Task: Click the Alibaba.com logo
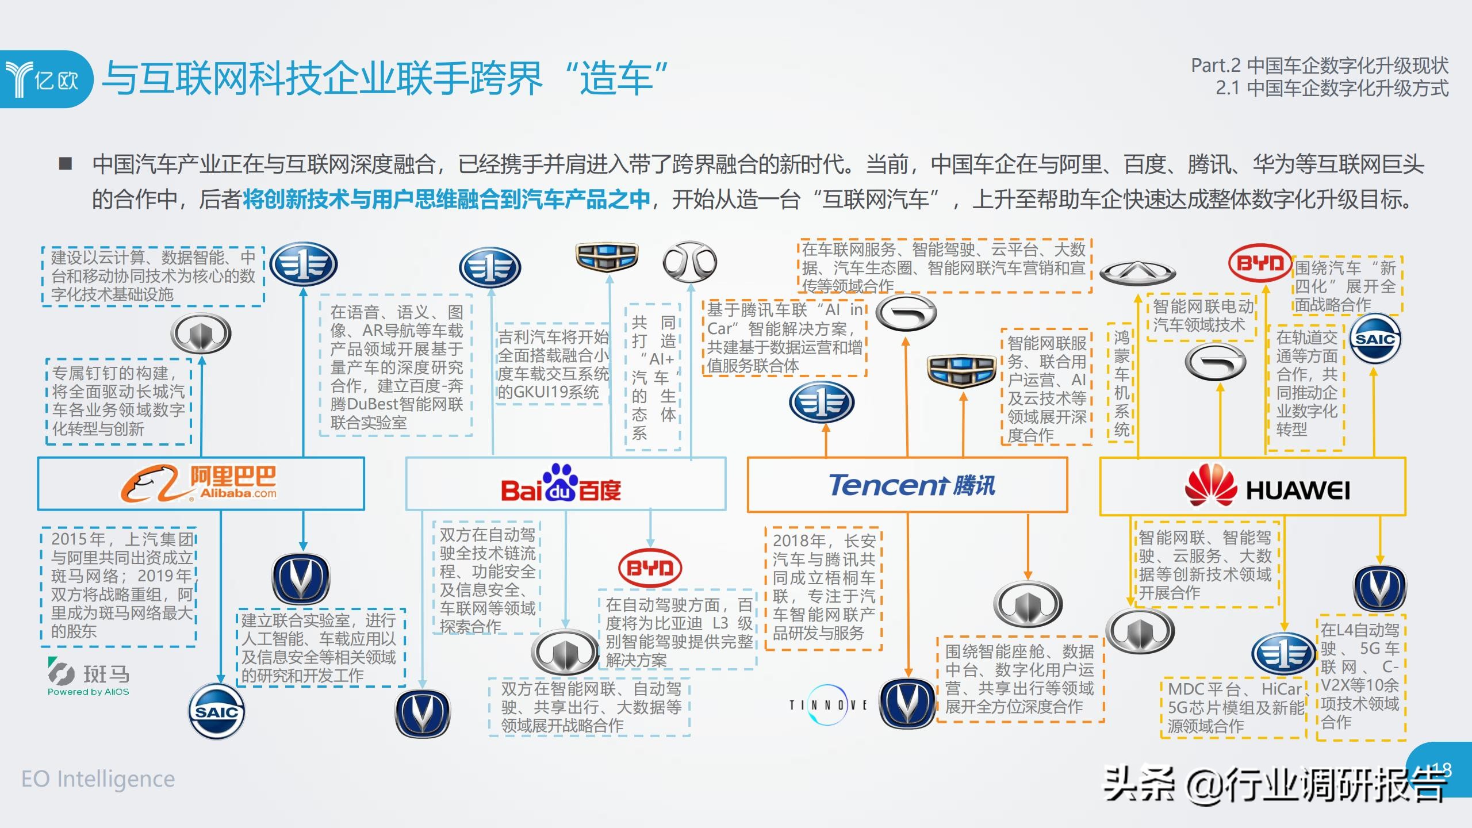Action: tap(199, 484)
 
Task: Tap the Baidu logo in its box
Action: tap(561, 486)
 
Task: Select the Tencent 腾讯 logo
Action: tap(911, 485)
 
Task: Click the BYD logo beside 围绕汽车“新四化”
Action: tap(1259, 263)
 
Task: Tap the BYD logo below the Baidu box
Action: tap(650, 568)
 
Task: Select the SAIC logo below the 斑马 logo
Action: tap(217, 711)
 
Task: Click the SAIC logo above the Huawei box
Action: tap(1375, 339)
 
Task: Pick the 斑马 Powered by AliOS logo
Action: tap(89, 677)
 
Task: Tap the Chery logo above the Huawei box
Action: tap(1137, 273)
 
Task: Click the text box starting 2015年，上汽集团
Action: tap(120, 585)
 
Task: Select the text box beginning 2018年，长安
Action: tap(823, 587)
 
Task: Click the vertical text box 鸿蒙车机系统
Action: tap(1121, 383)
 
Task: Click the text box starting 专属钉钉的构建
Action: tap(118, 401)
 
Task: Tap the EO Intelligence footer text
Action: tap(98, 779)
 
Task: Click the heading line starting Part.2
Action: tap(1319, 66)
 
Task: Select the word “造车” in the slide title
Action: tap(616, 78)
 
